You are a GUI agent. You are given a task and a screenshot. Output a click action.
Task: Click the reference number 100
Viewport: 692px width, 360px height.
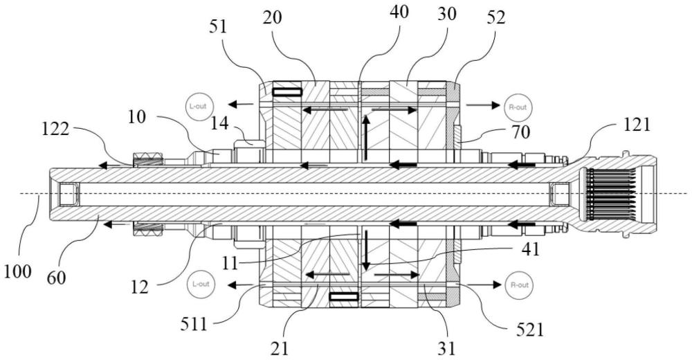tap(18, 271)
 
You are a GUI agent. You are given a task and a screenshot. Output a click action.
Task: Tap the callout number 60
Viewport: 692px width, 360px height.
tap(56, 277)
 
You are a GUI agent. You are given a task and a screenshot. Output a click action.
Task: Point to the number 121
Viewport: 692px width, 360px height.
tap(637, 125)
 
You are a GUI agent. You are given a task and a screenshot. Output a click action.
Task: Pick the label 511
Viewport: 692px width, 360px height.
tap(194, 325)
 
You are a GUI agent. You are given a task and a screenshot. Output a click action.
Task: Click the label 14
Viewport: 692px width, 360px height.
tap(219, 123)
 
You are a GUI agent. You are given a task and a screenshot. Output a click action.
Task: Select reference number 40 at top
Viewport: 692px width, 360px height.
tap(399, 12)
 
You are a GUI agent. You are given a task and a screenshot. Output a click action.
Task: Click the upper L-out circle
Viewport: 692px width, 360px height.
tap(198, 107)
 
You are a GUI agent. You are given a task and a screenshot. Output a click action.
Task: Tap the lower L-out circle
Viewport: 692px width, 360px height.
tap(200, 284)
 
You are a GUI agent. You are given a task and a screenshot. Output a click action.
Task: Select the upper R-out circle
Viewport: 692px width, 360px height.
tap(518, 107)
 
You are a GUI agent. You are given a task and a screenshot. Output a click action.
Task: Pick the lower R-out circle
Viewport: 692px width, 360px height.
tap(518, 285)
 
